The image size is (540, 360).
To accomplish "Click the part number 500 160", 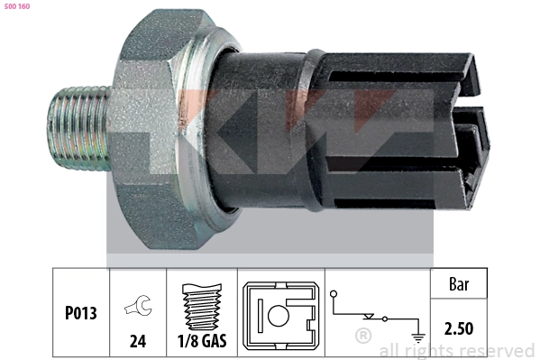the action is tap(17, 6).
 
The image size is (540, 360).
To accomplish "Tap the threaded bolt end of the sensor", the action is tap(78, 128).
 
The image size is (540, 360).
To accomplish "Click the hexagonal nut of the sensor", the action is tap(151, 128).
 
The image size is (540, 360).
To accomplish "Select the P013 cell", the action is tap(81, 313).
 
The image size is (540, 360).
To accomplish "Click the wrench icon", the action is tap(138, 305).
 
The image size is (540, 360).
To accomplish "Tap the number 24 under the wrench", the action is tap(138, 341).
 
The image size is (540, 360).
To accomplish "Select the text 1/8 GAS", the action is tap(202, 341).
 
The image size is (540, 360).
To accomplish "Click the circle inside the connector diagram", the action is tap(279, 316).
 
